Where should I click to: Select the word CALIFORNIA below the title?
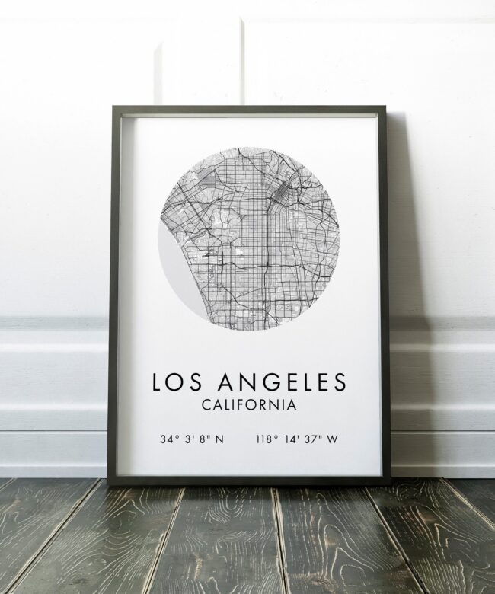tap(247, 405)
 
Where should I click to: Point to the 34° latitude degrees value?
tap(168, 439)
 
